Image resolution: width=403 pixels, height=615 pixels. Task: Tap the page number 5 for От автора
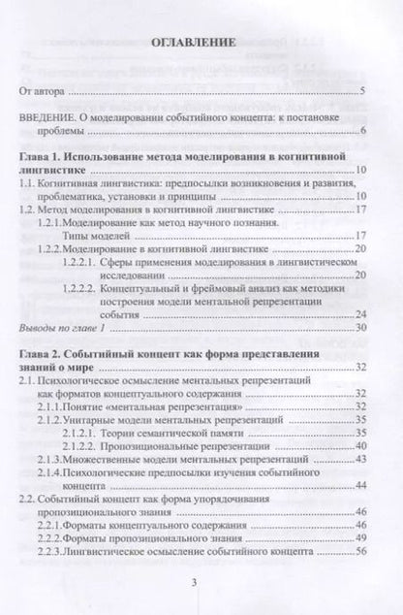pos(360,92)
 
